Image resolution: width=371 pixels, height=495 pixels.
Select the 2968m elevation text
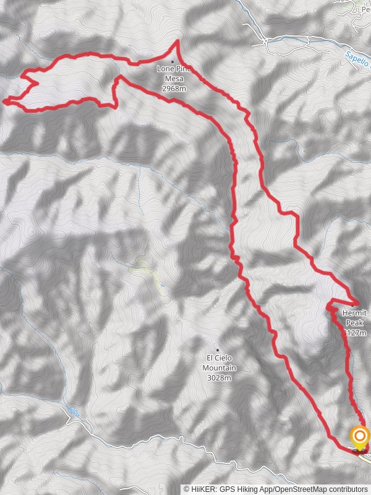pos(174,88)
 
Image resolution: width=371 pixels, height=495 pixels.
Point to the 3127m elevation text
pos(355,332)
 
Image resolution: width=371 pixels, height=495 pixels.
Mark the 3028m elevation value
pos(220,377)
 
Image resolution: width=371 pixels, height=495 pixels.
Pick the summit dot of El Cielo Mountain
pos(217,350)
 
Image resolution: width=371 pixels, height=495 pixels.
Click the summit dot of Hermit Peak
pos(353,305)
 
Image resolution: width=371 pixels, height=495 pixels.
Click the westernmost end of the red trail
pos(5,100)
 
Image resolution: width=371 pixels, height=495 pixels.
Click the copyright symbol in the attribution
pos(186,489)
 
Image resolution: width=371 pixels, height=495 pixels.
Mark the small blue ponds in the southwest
pos(74,410)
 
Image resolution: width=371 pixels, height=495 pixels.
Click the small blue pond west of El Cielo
pos(162,285)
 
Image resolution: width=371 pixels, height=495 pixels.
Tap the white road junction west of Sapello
pos(265,42)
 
